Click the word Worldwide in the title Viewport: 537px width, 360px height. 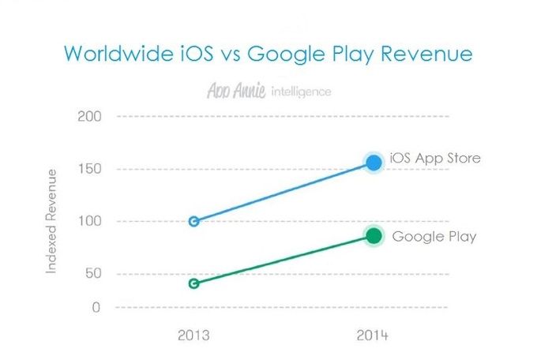click(118, 54)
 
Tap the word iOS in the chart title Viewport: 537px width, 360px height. click(197, 54)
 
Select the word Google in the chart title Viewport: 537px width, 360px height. click(286, 54)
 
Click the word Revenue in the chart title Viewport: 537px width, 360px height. click(426, 54)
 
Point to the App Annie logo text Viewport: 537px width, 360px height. click(236, 91)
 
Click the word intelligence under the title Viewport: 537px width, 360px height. click(301, 92)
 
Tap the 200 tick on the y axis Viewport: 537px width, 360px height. click(89, 117)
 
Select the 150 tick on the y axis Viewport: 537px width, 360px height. click(90, 169)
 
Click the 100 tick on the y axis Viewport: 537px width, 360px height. click(90, 221)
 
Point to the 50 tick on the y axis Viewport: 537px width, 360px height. click(93, 273)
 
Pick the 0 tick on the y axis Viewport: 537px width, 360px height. click(96, 307)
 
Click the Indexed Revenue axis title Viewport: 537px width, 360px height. click(51, 221)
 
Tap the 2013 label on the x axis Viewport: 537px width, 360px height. click(193, 336)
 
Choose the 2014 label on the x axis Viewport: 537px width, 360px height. click(372, 336)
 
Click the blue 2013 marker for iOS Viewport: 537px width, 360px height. click(193, 221)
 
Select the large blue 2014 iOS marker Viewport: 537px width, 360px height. click(374, 163)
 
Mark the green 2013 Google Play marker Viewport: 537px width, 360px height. click(193, 283)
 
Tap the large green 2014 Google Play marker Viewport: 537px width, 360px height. click(374, 236)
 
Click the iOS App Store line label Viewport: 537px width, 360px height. click(435, 159)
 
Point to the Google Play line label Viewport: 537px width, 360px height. click(434, 237)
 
